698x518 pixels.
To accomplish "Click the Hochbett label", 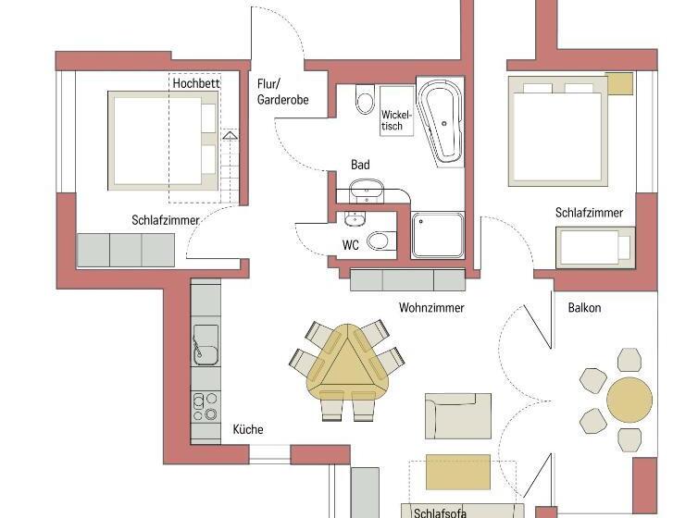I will coord(195,83).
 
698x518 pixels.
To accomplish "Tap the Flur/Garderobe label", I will coord(282,92).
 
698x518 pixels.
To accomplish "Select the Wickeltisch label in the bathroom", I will coord(393,121).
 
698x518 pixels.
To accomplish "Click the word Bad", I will coord(360,165).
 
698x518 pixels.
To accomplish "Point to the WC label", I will coord(351,245).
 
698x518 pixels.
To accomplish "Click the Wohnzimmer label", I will coord(431,308).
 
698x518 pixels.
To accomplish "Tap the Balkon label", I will coord(584,308).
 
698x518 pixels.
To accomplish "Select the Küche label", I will coord(248,429).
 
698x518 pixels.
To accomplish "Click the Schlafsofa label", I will coord(441,512).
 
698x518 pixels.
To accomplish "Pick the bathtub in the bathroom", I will coord(442,120).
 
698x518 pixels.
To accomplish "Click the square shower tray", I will coord(437,235).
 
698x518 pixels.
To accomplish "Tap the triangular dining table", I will coord(344,367).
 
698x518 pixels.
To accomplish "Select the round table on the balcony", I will coord(629,399).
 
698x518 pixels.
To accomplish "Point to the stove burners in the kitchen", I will coord(205,406).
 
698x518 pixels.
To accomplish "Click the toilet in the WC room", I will coord(378,242).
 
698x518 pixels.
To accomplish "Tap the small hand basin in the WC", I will coord(353,220).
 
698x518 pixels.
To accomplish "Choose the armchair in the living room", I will coord(457,415).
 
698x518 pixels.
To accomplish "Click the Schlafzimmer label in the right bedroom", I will coord(589,213).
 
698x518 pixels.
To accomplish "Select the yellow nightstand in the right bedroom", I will coord(618,83).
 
